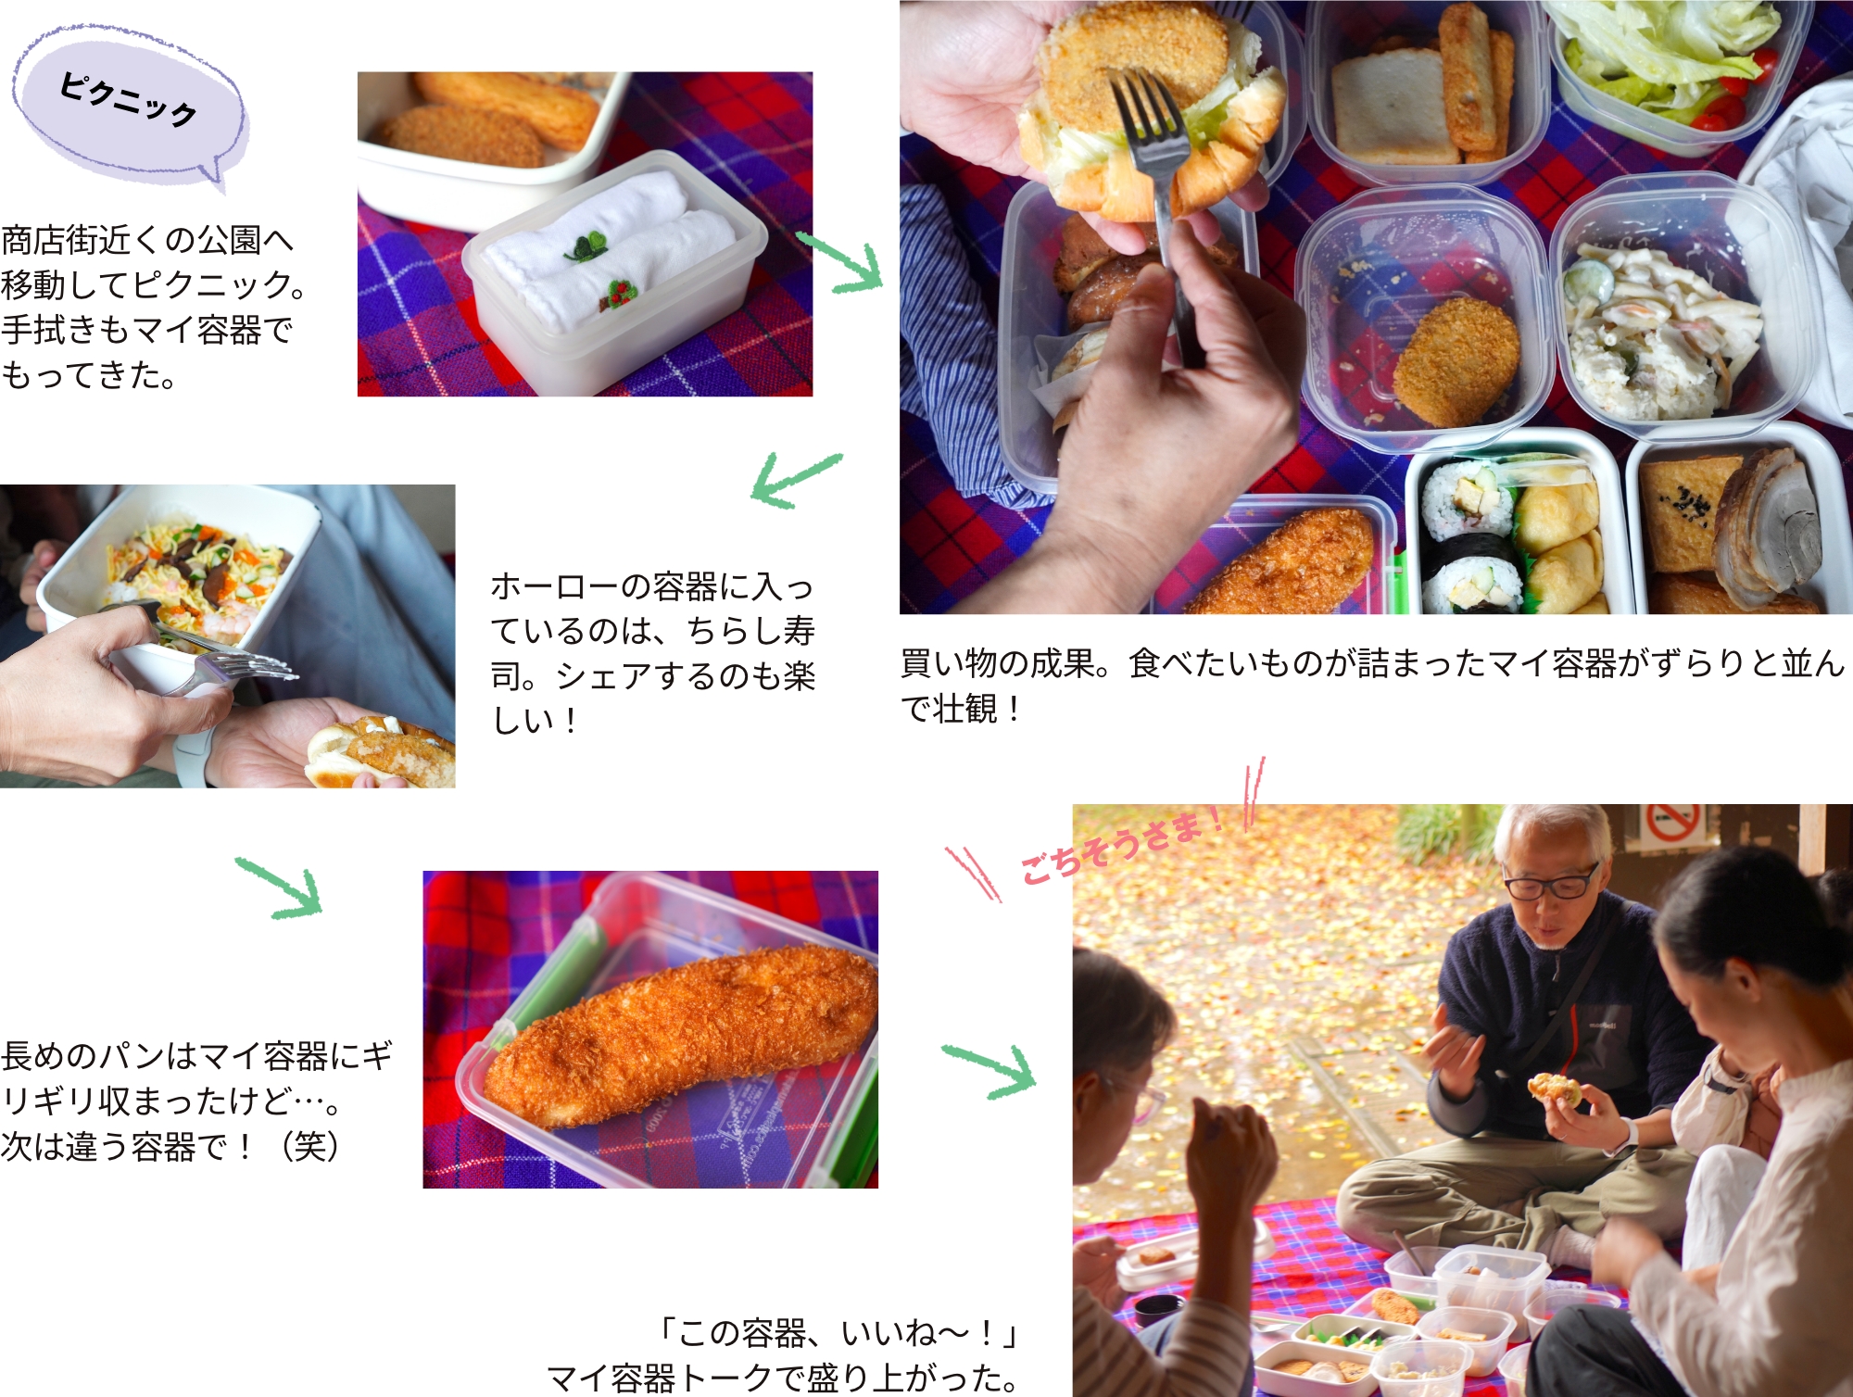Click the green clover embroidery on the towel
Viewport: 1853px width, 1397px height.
(x=586, y=246)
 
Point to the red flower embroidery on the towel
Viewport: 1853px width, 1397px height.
(x=617, y=294)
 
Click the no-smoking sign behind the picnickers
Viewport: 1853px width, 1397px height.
(x=1672, y=824)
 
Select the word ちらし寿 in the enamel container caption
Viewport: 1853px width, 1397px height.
(x=750, y=631)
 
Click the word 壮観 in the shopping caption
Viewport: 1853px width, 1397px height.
(x=965, y=709)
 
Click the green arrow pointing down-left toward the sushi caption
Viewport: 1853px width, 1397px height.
(x=796, y=479)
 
